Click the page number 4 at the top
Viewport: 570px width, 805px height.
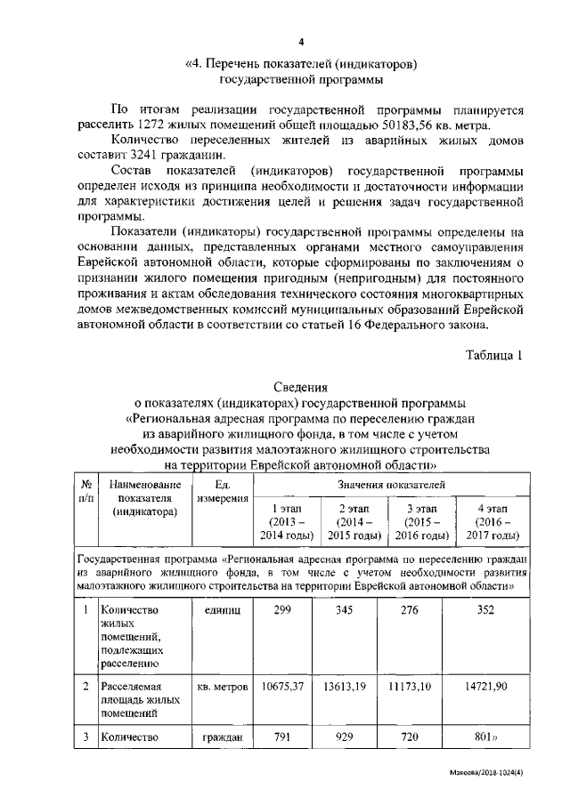pyautogui.click(x=301, y=43)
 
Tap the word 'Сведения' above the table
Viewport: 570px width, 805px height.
pyautogui.click(x=300, y=388)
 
